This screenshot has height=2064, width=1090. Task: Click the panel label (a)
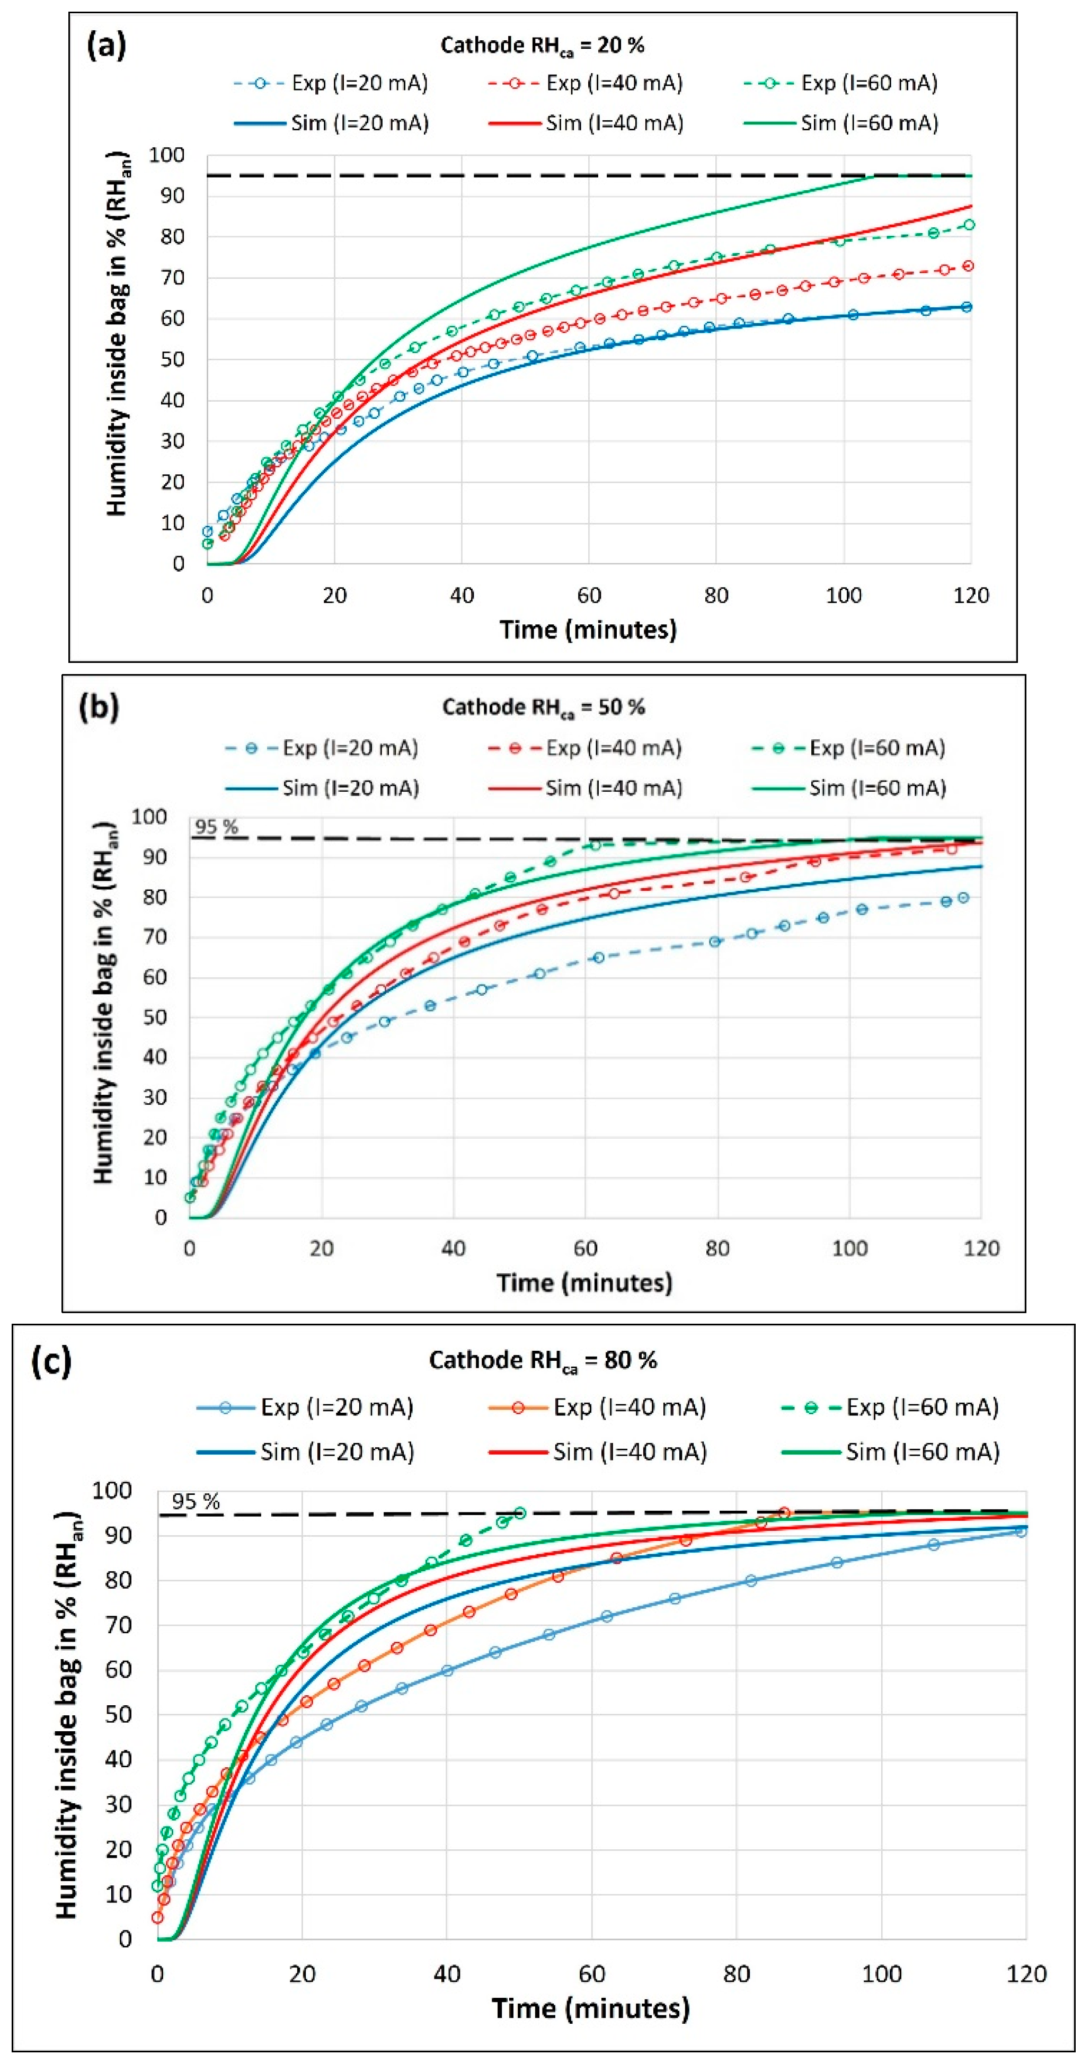[107, 46]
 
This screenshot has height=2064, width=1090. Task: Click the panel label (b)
[100, 707]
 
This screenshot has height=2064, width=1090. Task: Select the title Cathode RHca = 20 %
[543, 46]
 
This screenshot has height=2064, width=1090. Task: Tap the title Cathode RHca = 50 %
[543, 707]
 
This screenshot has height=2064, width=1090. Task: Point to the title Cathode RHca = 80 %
[543, 1360]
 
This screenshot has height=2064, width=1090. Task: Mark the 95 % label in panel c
[196, 1502]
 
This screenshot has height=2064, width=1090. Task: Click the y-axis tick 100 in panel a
[167, 155]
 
